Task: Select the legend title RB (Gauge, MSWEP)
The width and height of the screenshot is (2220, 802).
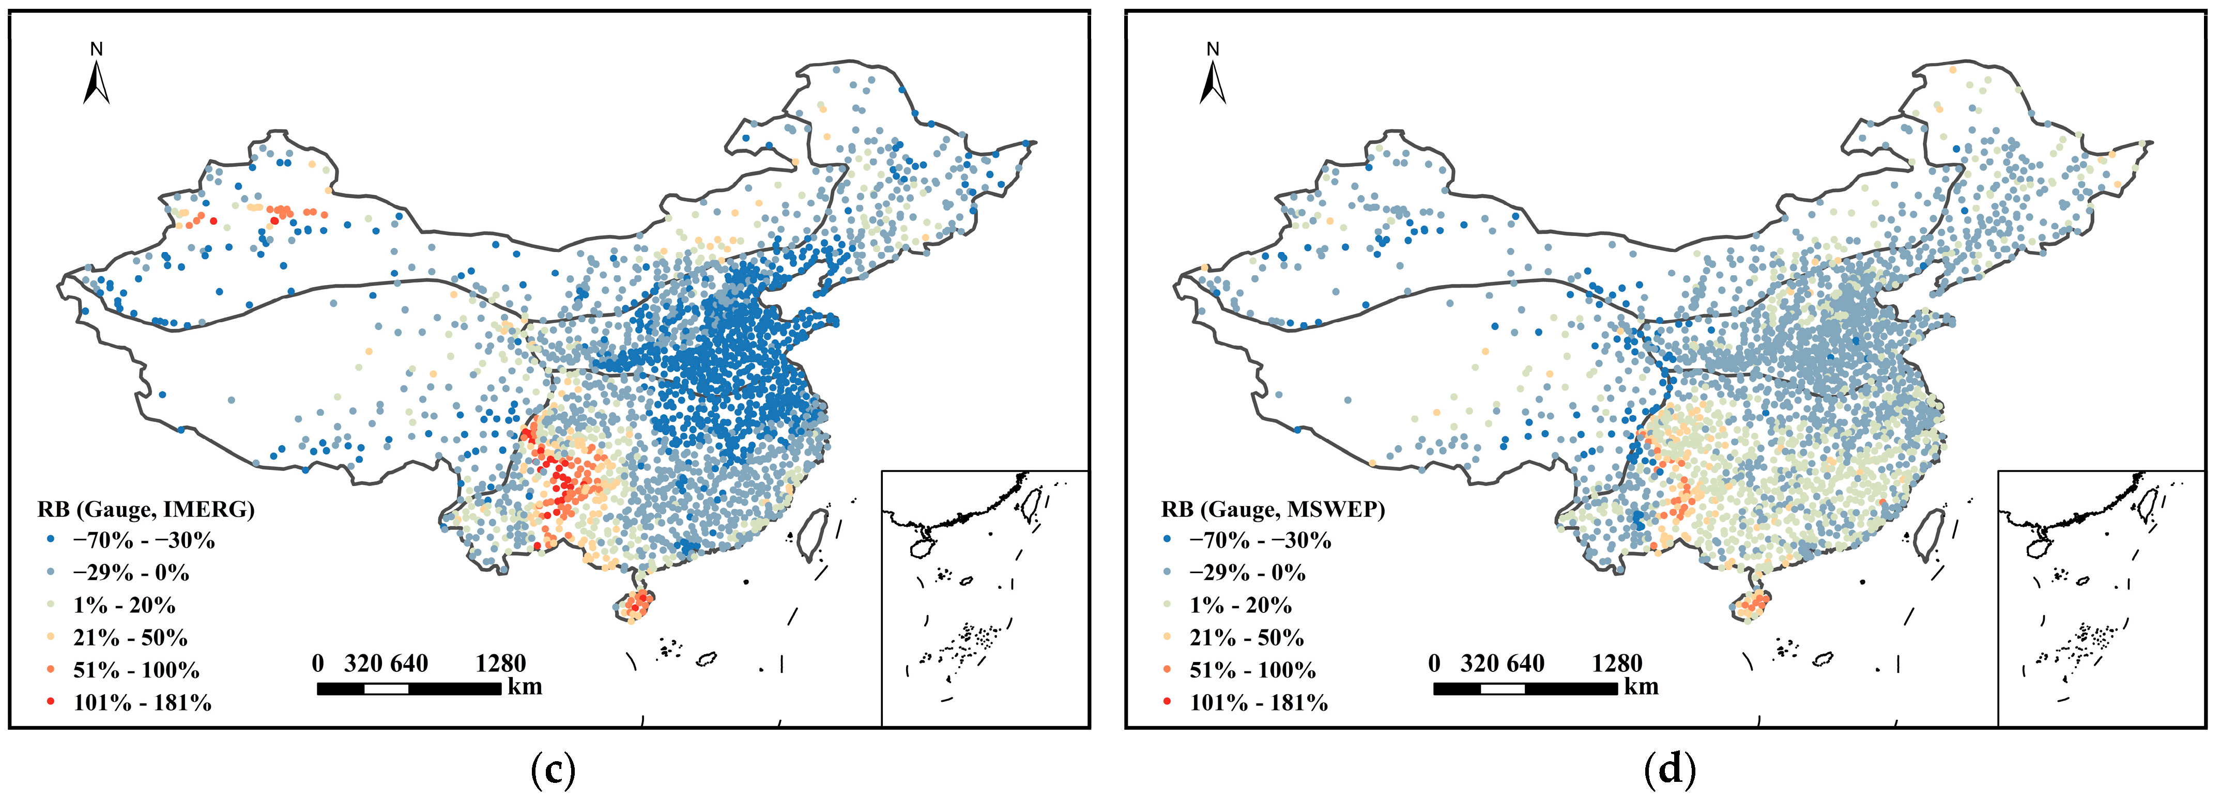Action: (x=1273, y=509)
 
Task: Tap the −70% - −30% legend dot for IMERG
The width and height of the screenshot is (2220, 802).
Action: (x=50, y=540)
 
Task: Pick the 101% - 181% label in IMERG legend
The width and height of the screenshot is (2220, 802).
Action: (x=142, y=703)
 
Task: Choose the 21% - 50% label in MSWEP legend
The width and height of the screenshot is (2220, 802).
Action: (x=1246, y=637)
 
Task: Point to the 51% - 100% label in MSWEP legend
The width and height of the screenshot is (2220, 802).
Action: (x=1252, y=670)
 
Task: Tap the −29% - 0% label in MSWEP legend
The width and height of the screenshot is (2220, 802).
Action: (x=1247, y=573)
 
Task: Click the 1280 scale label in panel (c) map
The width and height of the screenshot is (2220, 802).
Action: (x=500, y=663)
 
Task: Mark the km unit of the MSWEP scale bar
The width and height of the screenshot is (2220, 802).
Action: (x=1641, y=686)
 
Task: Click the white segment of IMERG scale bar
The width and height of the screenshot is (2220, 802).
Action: (x=386, y=688)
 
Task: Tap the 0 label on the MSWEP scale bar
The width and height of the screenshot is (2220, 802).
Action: (x=1433, y=663)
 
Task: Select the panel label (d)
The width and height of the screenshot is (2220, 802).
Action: (x=1670, y=770)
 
